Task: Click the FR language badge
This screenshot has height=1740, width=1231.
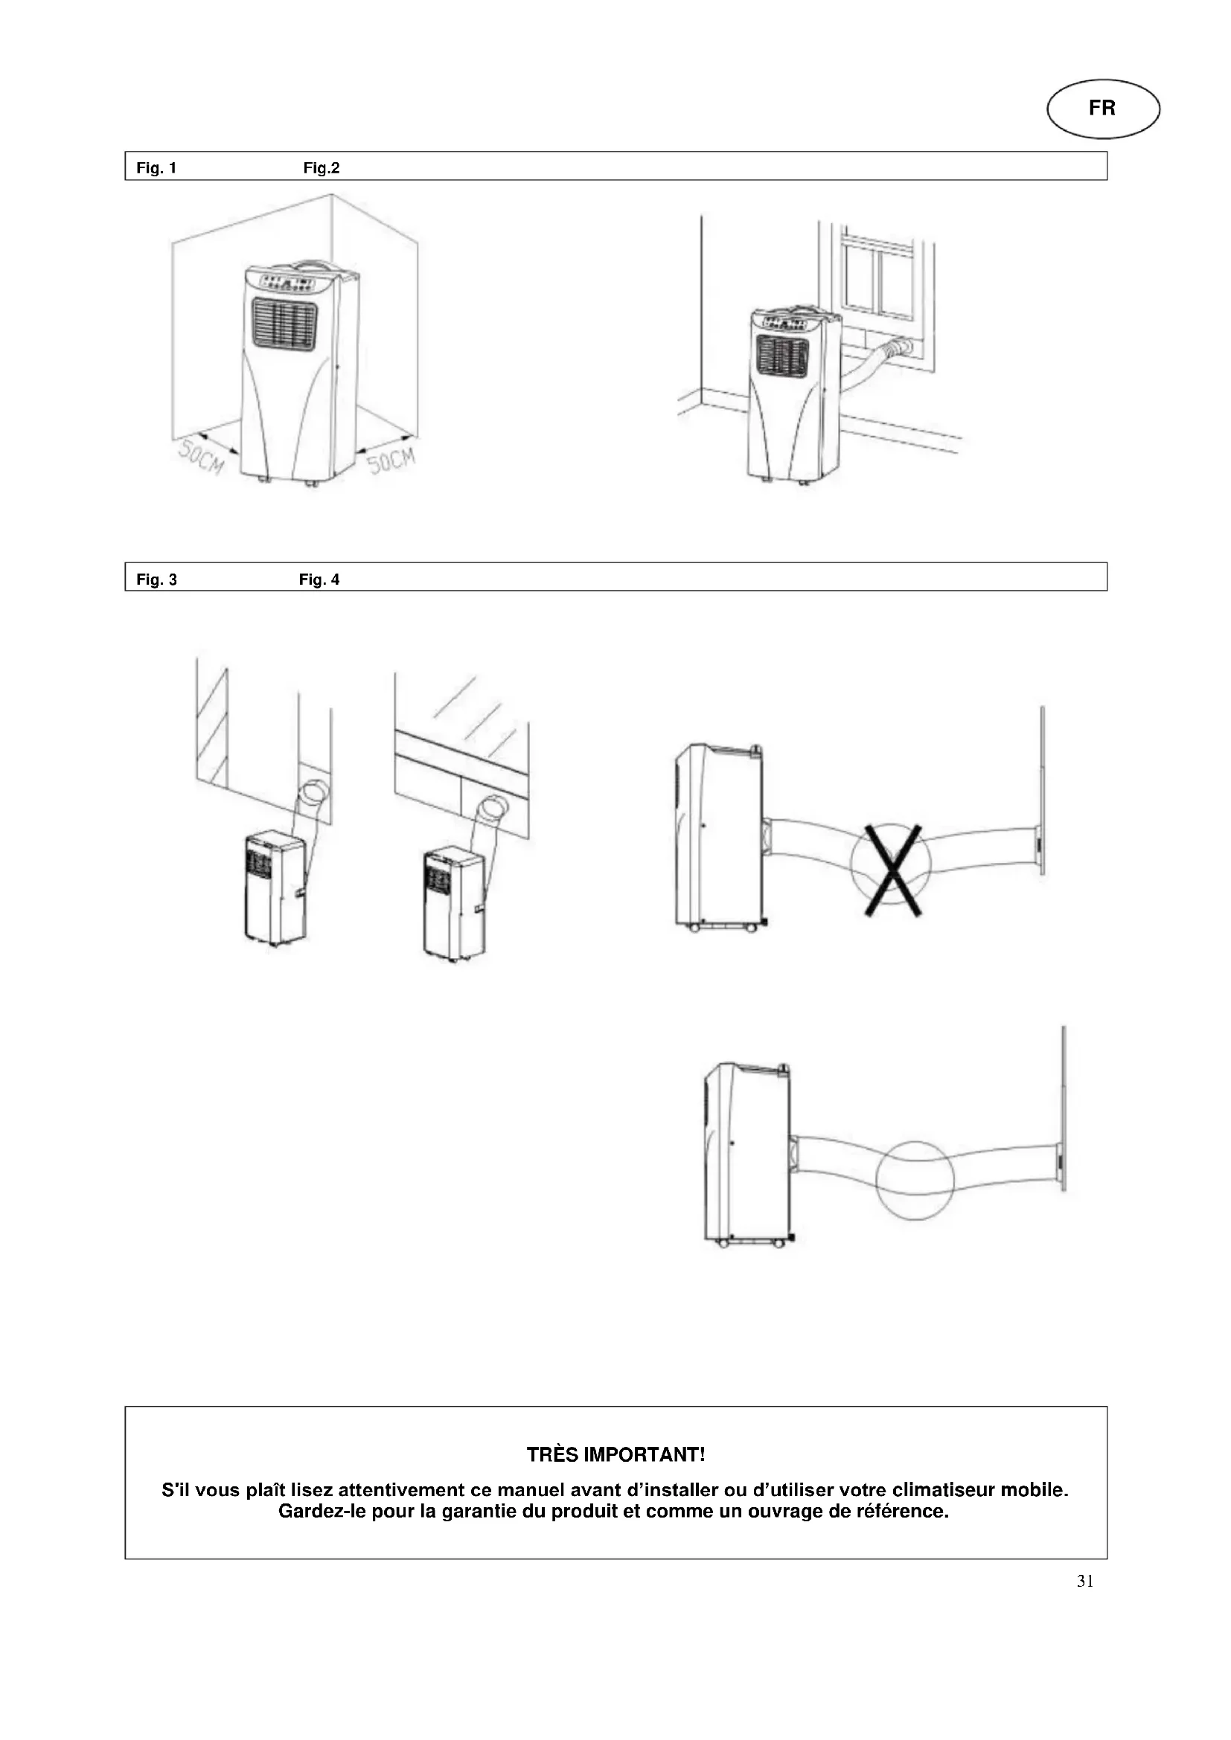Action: click(1103, 109)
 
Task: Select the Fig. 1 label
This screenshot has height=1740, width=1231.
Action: click(156, 168)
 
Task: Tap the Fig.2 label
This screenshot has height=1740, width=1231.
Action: click(322, 168)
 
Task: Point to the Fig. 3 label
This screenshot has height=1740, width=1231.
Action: click(156, 580)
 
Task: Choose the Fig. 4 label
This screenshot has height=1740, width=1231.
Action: click(319, 580)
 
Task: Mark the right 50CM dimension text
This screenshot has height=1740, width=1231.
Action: click(392, 460)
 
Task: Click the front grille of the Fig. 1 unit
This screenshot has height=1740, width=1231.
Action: click(284, 324)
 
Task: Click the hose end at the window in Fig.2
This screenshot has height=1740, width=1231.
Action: click(902, 348)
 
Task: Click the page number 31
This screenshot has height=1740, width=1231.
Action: click(1084, 1581)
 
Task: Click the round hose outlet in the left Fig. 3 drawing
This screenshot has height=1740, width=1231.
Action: click(313, 792)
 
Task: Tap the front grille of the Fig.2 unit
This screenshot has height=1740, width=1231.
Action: click(782, 355)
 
